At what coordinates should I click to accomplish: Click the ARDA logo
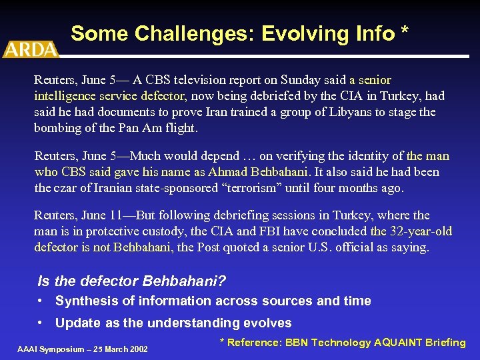(30, 49)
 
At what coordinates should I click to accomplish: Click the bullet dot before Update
(41, 323)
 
